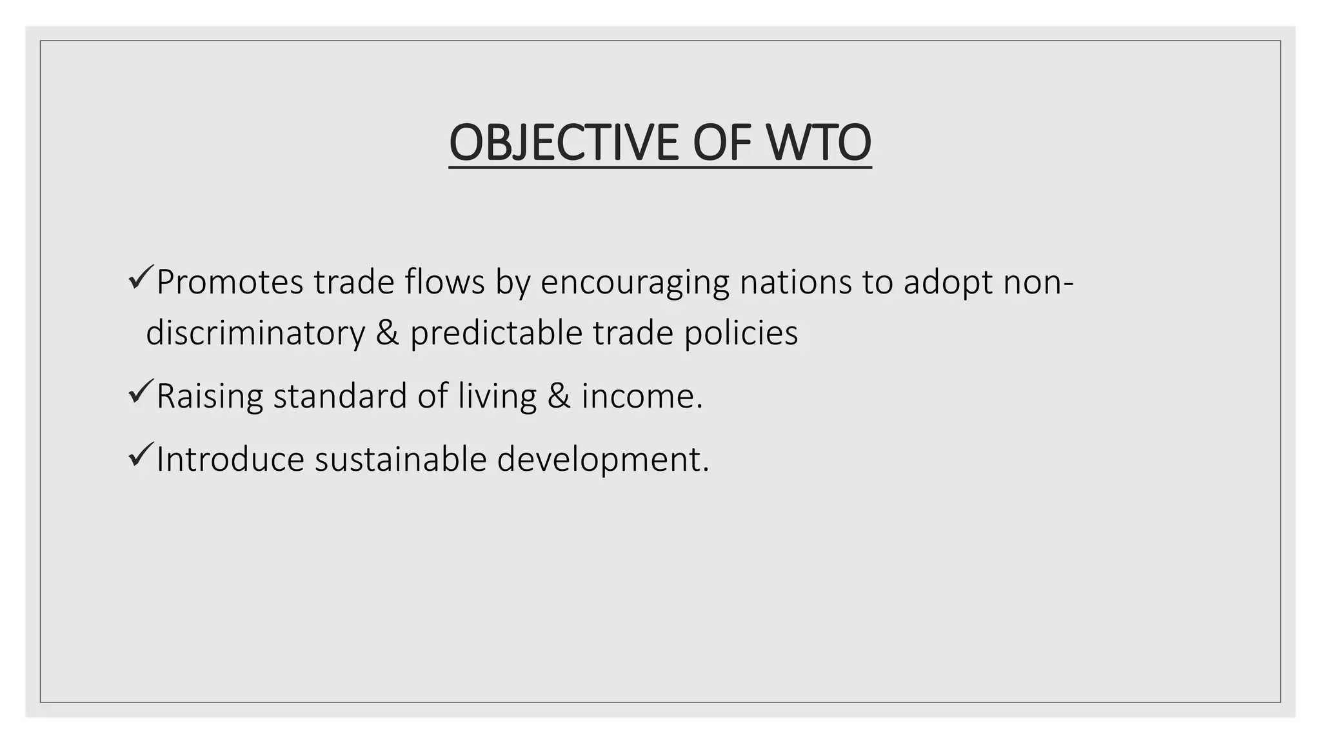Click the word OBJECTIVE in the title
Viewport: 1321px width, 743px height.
point(563,143)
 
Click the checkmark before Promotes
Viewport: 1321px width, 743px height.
point(140,277)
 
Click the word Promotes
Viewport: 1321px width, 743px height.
point(230,282)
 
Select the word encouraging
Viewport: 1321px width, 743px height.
point(635,282)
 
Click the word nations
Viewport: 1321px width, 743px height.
point(795,282)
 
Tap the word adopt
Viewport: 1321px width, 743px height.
point(948,282)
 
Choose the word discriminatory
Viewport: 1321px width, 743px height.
point(255,333)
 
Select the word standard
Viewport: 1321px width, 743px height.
point(339,396)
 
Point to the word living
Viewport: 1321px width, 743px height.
point(497,396)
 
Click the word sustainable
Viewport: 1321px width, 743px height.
point(400,459)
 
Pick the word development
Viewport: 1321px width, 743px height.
point(602,459)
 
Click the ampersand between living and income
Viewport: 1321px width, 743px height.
point(559,396)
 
